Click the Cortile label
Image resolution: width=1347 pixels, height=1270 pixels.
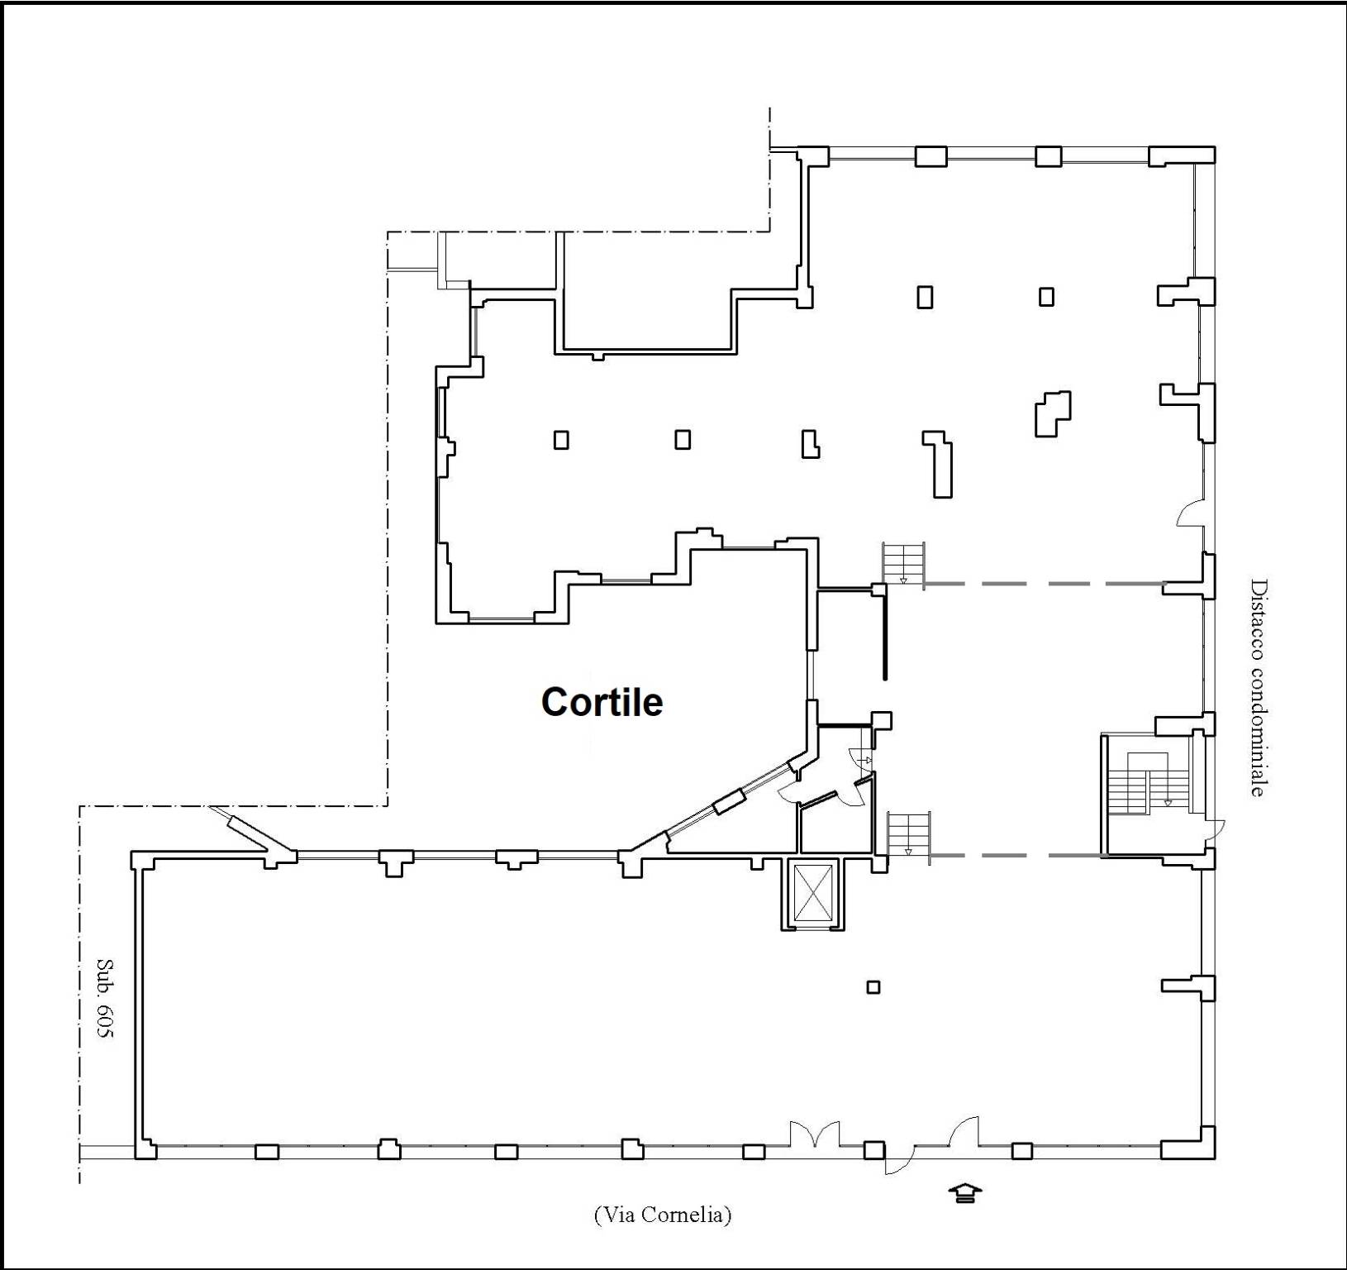coord(602,702)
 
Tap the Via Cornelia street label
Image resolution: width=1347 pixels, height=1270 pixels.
coord(662,1215)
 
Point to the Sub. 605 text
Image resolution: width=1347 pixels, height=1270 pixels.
coord(105,998)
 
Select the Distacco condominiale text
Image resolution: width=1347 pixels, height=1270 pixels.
coord(1258,687)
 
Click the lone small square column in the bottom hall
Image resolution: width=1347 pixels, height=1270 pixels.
coord(873,986)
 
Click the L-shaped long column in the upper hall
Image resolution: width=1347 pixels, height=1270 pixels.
coord(939,464)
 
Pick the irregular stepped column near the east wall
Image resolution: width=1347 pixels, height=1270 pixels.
coord(1053,413)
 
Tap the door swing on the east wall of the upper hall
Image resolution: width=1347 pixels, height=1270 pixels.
coord(1190,513)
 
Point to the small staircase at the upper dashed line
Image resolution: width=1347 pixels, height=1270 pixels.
coord(903,564)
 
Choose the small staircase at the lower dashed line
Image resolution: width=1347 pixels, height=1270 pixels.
coord(908,835)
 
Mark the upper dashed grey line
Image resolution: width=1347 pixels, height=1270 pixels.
coord(1045,584)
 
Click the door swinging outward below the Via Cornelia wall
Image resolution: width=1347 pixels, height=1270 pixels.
coord(898,1161)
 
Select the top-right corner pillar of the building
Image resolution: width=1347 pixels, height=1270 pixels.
coord(1183,156)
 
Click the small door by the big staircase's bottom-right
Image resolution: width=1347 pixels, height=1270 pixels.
coord(1214,830)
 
